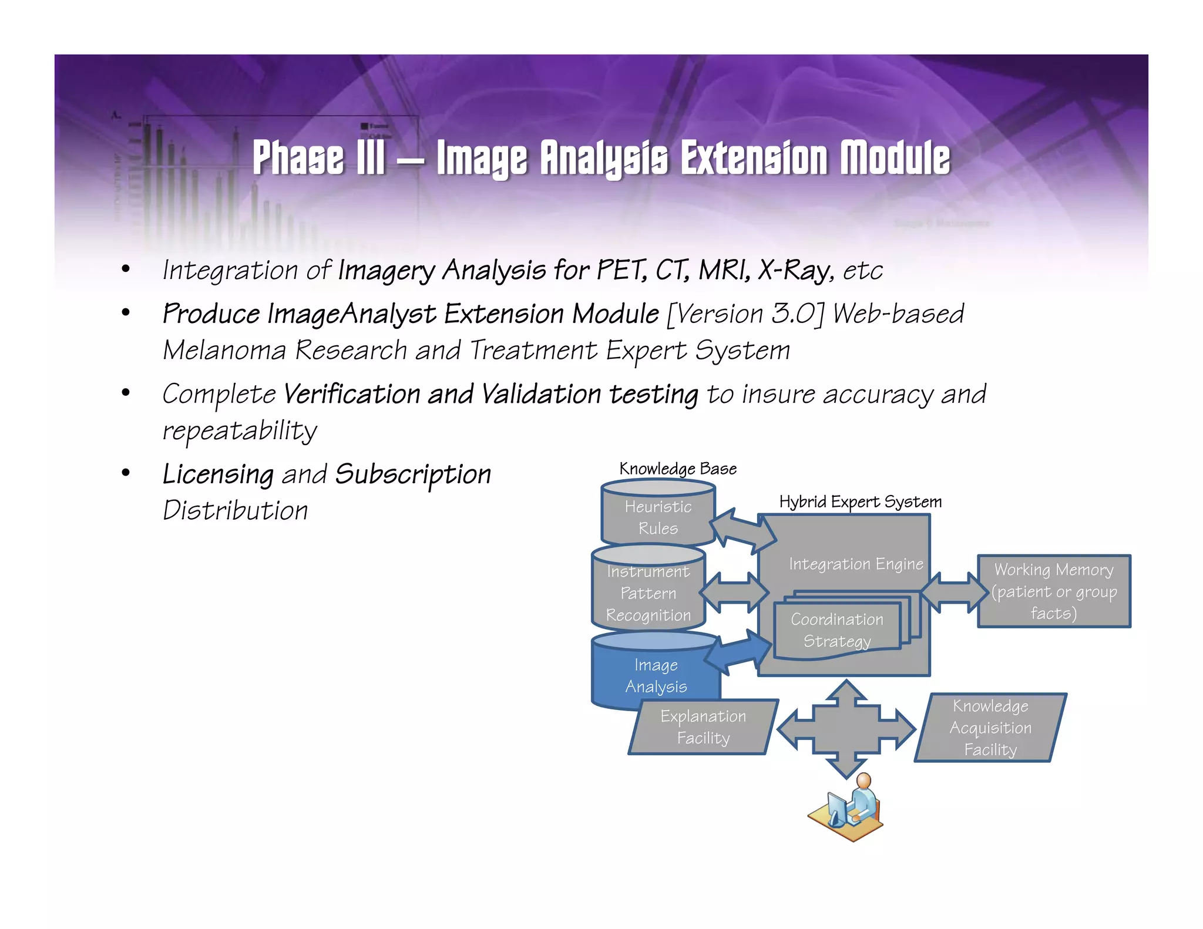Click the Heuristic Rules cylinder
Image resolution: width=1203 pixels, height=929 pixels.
click(x=658, y=517)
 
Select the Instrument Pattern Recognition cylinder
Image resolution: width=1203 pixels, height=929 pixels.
click(x=648, y=593)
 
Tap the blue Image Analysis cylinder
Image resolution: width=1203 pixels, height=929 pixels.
click(x=656, y=675)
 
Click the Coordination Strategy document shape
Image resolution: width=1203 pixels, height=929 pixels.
click(x=837, y=630)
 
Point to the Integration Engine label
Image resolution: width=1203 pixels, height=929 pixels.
click(x=856, y=564)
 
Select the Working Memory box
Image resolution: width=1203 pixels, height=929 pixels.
click(x=1054, y=591)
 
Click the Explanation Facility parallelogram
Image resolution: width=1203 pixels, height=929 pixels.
click(x=703, y=727)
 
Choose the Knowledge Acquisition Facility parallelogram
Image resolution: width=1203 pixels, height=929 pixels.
click(x=990, y=728)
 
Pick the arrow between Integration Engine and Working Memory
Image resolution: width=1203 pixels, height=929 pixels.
click(x=955, y=593)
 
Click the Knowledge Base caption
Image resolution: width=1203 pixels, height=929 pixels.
click(x=678, y=469)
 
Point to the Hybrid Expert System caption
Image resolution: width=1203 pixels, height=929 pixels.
click(x=860, y=501)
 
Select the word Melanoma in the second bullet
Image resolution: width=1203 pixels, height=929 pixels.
click(x=224, y=351)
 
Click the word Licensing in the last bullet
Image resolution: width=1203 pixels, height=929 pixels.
click(x=218, y=474)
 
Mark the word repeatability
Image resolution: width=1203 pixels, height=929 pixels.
click(x=240, y=431)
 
